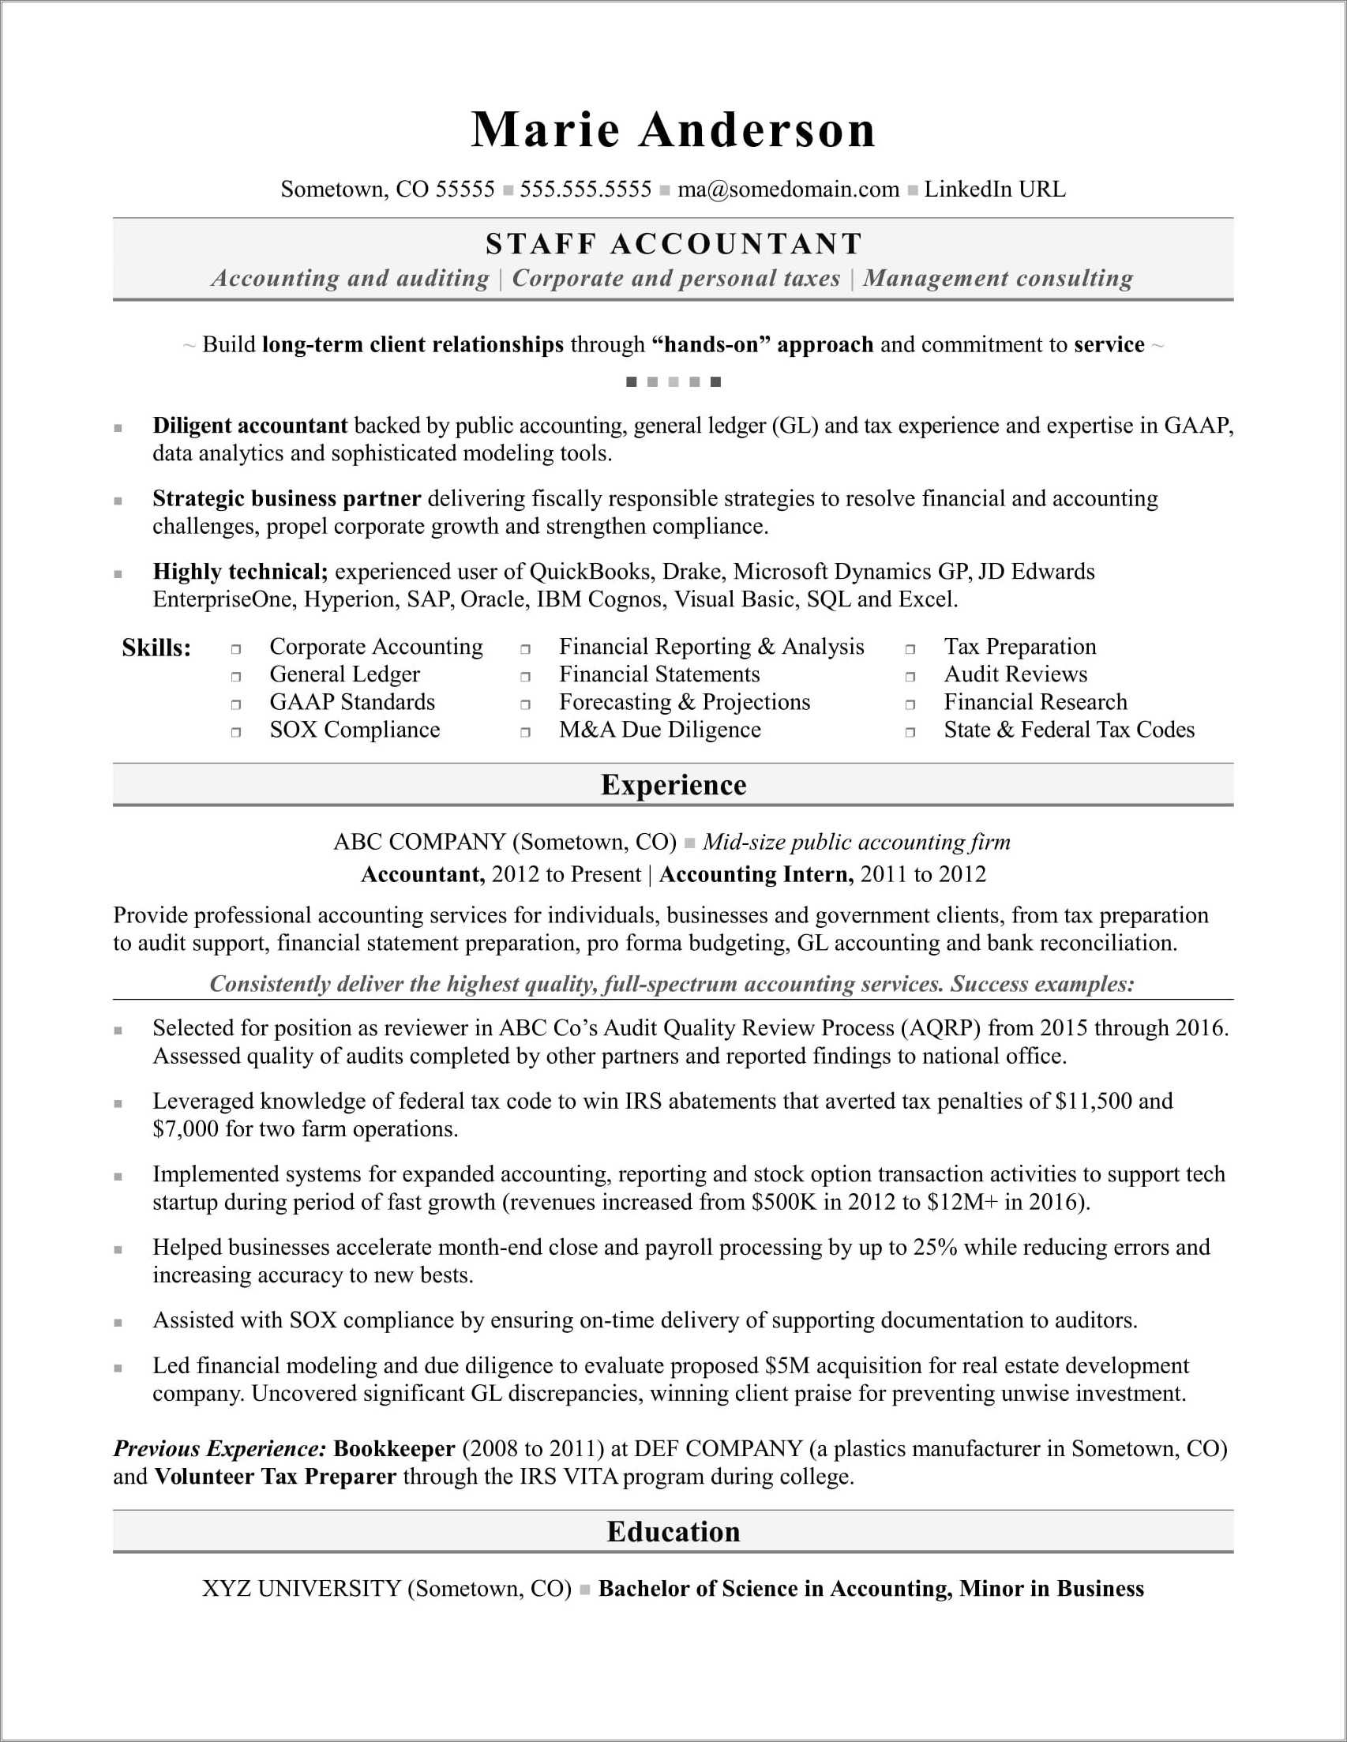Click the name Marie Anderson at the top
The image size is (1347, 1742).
(673, 130)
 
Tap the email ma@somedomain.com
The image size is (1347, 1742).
(788, 190)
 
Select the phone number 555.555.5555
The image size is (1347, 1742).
(585, 190)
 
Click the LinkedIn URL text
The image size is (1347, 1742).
(995, 190)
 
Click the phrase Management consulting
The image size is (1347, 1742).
(998, 279)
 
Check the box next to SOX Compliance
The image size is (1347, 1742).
(236, 732)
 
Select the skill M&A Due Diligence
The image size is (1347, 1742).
(659, 730)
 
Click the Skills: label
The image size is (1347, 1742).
(156, 648)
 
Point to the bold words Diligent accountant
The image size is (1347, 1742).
(250, 426)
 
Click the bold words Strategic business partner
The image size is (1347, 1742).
(287, 499)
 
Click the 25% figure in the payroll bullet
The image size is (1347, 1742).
(935, 1248)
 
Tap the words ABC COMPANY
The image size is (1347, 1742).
(419, 843)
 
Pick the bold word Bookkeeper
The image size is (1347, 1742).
(394, 1448)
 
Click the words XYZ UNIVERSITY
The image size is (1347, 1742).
(301, 1589)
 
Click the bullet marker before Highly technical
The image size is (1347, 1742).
(118, 573)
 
